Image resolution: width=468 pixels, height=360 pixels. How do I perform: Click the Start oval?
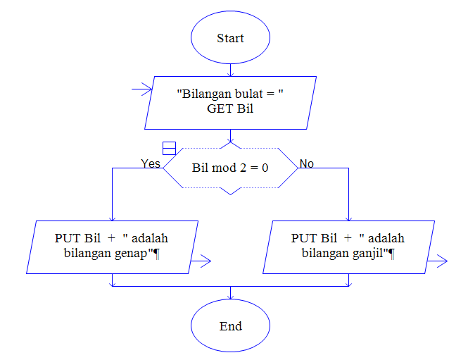coord(230,38)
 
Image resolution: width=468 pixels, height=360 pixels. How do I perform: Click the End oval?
coord(230,326)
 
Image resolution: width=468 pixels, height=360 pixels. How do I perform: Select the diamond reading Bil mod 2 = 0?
coord(230,168)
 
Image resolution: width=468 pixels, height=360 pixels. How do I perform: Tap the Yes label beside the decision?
coord(151,163)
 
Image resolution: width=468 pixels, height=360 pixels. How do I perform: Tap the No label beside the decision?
coord(307,163)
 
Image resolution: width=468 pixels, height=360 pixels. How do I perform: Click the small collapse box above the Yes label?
coord(169,147)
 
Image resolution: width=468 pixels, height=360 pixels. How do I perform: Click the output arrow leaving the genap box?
coord(201,261)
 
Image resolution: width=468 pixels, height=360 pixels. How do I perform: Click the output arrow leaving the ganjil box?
coord(438,261)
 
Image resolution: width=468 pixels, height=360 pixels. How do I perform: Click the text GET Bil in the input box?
coord(230,109)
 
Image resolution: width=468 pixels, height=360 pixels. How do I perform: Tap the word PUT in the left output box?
coord(67,238)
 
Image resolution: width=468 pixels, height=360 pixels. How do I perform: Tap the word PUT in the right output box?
coord(303,238)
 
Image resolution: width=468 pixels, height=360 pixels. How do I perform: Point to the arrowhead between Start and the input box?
coord(230,72)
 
